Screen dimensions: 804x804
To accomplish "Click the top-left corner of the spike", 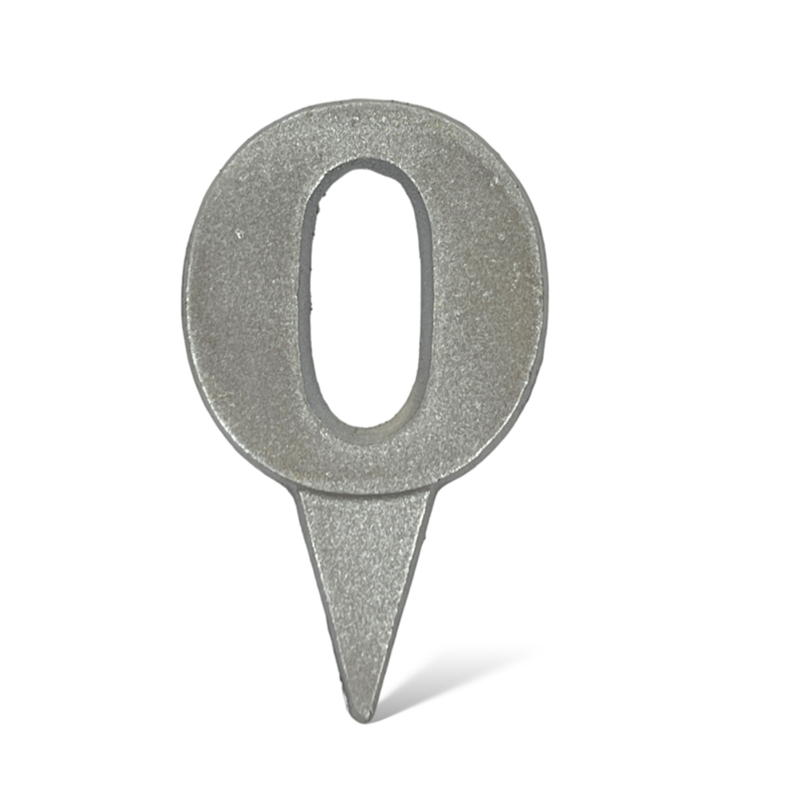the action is pos(298,488).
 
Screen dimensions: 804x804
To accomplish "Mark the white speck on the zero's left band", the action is pos(239,235).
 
